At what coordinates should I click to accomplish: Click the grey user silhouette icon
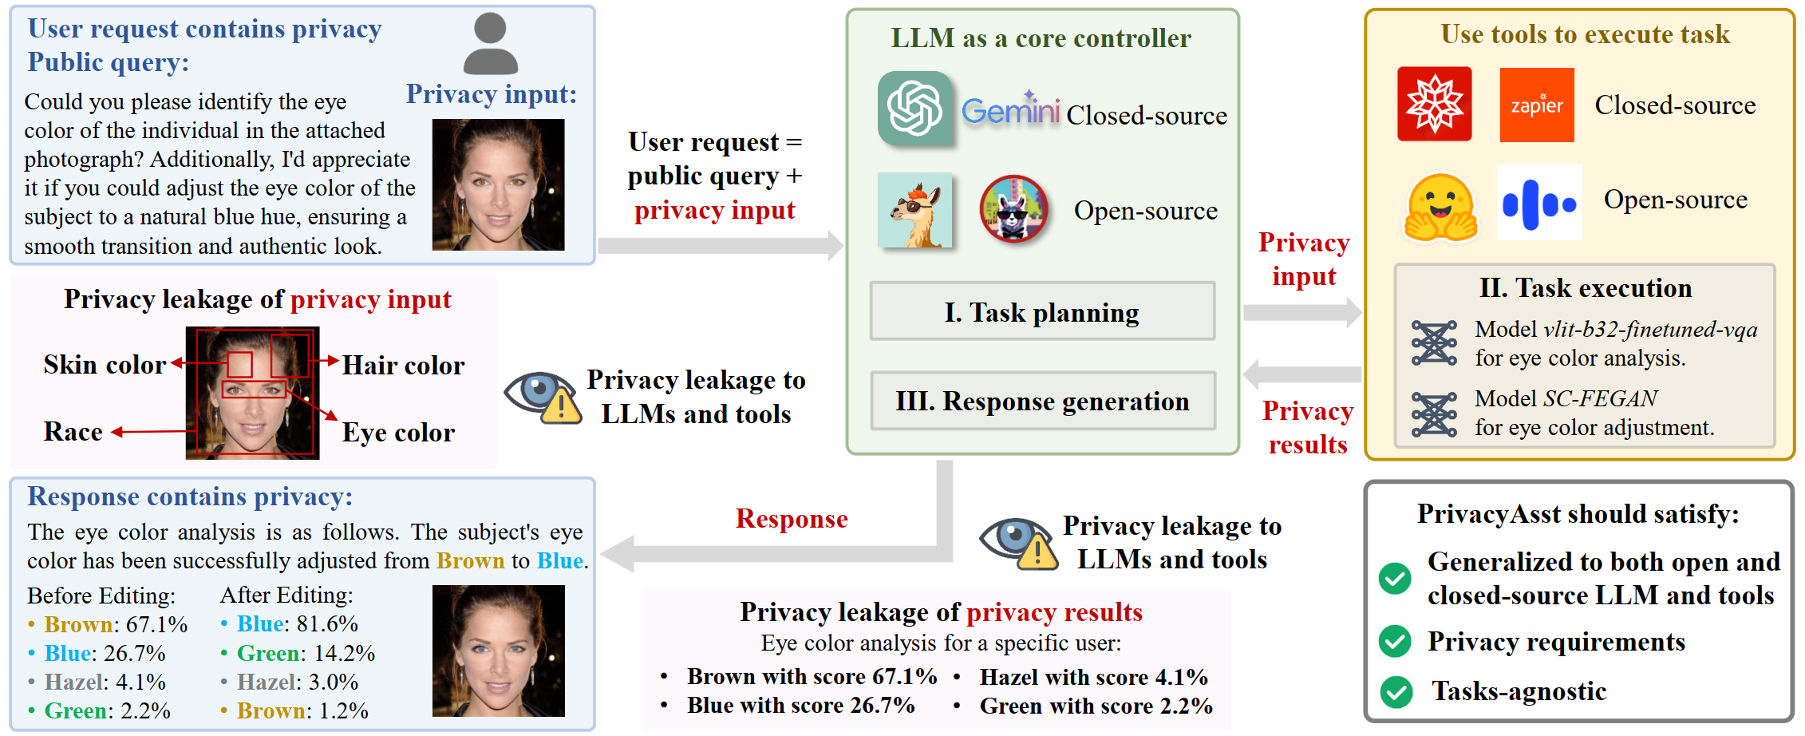[x=491, y=45]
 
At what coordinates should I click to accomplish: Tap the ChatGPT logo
[x=914, y=109]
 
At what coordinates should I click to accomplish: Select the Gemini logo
[x=1010, y=111]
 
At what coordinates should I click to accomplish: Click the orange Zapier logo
[x=1536, y=105]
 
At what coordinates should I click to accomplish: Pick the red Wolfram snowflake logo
[x=1434, y=105]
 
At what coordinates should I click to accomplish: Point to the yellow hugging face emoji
[x=1440, y=207]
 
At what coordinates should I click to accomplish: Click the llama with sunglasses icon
[x=914, y=210]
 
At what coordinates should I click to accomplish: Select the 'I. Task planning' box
[x=1041, y=312]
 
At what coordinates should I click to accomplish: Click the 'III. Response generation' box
[x=1042, y=401]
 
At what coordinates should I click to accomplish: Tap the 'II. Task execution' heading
[x=1585, y=287]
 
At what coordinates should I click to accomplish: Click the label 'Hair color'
[x=403, y=366]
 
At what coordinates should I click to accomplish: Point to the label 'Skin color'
[x=105, y=365]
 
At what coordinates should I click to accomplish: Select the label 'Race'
[x=73, y=432]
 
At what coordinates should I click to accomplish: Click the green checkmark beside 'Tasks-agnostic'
[x=1396, y=691]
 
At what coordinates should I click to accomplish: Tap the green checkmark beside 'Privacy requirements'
[x=1395, y=641]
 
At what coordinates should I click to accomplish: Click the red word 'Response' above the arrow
[x=791, y=519]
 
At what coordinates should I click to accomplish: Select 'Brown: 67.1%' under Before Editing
[x=116, y=624]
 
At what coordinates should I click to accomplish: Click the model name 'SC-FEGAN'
[x=1600, y=398]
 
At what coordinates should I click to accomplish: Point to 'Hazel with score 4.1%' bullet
[x=1093, y=677]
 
